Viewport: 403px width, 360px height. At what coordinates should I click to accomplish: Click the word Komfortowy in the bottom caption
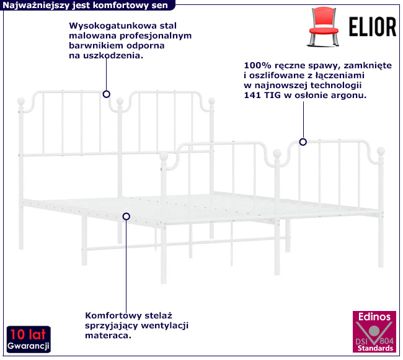click(x=110, y=315)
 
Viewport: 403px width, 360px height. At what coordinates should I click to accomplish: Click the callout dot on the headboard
click(x=107, y=94)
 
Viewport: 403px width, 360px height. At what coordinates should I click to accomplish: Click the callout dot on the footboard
click(x=303, y=142)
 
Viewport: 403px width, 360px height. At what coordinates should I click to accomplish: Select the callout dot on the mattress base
click(x=126, y=217)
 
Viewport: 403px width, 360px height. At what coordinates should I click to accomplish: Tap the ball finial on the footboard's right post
click(x=382, y=150)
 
